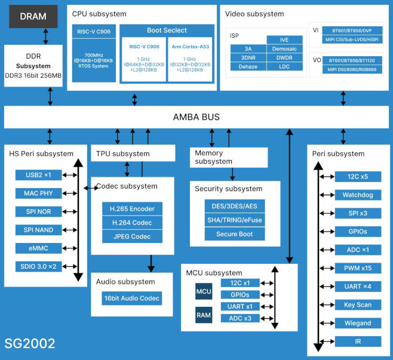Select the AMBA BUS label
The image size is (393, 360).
[196, 117]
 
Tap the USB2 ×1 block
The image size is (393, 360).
[39, 175]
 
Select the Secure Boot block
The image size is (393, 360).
[235, 234]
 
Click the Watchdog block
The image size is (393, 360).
[357, 195]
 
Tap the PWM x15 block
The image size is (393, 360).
[357, 268]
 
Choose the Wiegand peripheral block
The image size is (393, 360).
[357, 323]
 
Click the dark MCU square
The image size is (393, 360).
[204, 293]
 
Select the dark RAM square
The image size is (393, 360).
[204, 314]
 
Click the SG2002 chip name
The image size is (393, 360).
[30, 343]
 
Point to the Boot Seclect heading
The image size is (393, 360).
[167, 30]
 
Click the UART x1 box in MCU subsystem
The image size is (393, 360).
[240, 306]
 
